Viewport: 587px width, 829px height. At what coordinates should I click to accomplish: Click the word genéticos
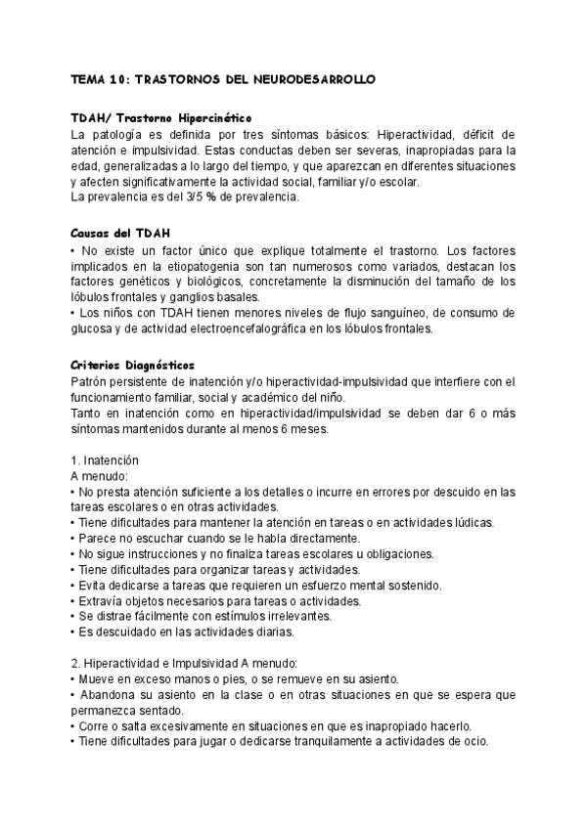150,281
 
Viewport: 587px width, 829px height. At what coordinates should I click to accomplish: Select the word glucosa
96,328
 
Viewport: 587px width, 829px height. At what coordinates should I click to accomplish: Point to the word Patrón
91,380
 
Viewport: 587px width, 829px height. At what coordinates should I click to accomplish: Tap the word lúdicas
473,523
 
